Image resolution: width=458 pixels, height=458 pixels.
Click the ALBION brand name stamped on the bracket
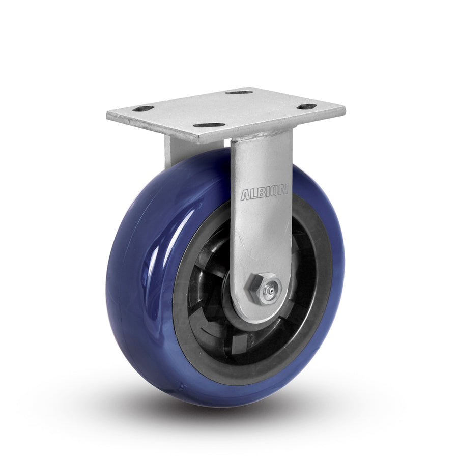click(264, 193)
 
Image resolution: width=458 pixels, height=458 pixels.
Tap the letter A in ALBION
click(245, 195)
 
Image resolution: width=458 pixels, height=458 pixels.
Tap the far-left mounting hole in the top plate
click(144, 108)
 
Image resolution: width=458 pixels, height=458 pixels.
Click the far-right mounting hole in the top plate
click(307, 106)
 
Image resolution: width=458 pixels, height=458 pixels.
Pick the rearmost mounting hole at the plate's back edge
click(239, 92)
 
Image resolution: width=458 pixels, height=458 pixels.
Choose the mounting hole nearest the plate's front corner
click(209, 125)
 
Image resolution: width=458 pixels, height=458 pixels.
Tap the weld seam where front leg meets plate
click(261, 133)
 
